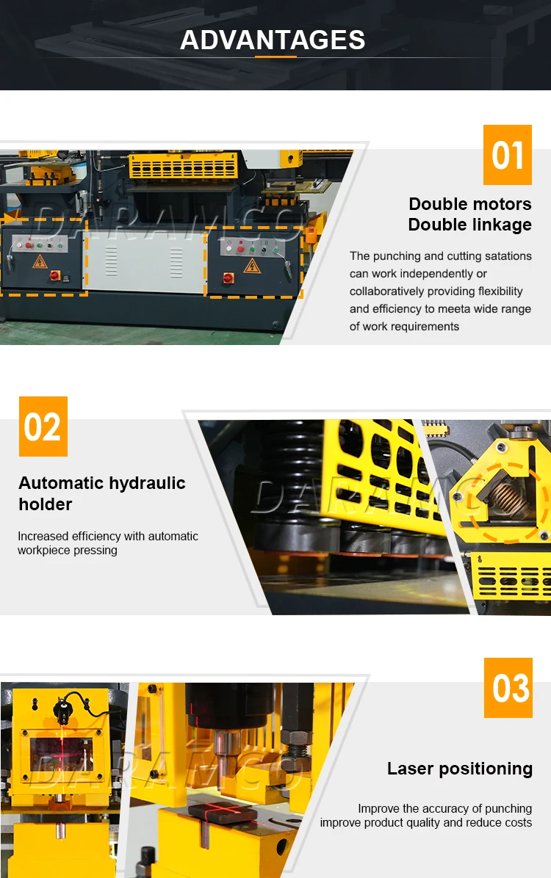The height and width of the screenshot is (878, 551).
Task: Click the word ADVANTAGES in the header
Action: [273, 40]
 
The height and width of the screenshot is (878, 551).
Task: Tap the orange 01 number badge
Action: [507, 156]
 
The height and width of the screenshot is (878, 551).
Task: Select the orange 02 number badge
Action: [43, 427]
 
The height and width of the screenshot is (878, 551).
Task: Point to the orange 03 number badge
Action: [508, 688]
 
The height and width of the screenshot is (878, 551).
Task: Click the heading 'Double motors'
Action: [469, 204]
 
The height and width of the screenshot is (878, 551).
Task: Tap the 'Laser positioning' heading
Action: [460, 769]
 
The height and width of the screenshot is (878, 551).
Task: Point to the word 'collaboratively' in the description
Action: [387, 291]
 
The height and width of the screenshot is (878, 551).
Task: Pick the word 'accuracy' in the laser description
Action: [456, 808]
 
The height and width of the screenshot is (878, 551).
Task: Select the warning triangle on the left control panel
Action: [40, 262]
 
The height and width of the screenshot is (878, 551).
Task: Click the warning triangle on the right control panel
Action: [252, 265]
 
